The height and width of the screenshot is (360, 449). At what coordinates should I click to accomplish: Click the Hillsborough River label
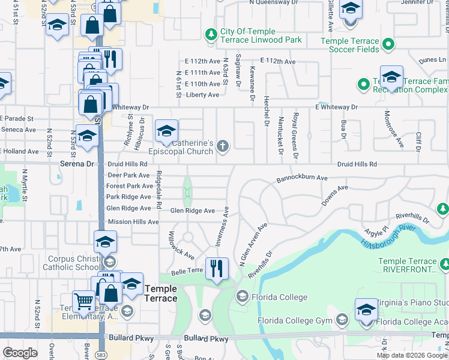(x=397, y=236)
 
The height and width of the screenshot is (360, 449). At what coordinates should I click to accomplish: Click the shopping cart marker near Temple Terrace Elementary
(x=83, y=301)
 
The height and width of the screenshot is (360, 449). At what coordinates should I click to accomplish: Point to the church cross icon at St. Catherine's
(x=223, y=146)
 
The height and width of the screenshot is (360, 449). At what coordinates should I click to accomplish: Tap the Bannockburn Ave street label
(x=302, y=178)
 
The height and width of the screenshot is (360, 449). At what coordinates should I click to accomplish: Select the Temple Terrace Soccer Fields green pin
(x=388, y=44)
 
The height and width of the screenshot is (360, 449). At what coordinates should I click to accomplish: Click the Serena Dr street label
(x=77, y=163)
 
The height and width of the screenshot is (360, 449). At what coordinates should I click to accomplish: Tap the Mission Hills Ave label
(x=133, y=222)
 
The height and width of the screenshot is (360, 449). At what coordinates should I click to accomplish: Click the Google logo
(x=20, y=353)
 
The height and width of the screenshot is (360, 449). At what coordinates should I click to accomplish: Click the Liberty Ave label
(x=203, y=95)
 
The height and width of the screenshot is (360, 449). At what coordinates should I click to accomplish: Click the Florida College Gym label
(x=295, y=320)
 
